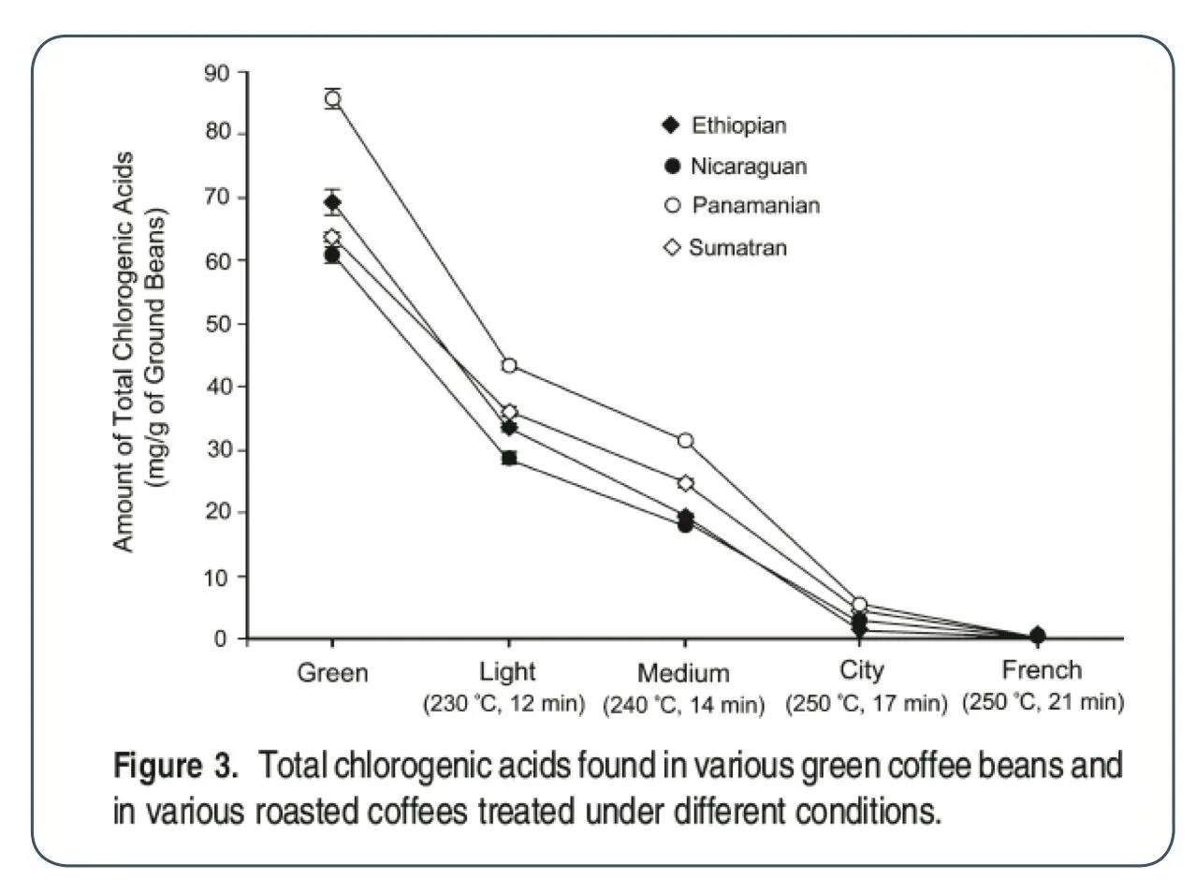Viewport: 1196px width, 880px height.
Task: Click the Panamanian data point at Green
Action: coord(332,99)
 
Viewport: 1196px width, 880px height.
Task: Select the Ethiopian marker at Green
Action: coord(332,202)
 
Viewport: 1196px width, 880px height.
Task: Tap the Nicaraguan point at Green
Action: coord(332,255)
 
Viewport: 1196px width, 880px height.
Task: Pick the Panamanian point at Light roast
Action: coord(509,365)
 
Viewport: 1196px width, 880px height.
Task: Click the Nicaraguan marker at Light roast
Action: coord(509,458)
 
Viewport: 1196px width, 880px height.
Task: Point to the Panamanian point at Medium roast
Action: coord(685,440)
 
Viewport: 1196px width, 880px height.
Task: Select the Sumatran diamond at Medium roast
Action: coord(685,483)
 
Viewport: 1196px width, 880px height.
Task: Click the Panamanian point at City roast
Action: coord(860,605)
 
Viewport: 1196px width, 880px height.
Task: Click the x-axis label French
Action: coord(1042,670)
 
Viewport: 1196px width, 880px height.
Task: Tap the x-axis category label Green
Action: coord(332,673)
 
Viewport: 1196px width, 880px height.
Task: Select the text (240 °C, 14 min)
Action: coord(683,704)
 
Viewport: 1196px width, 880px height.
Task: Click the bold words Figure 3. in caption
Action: coord(175,768)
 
